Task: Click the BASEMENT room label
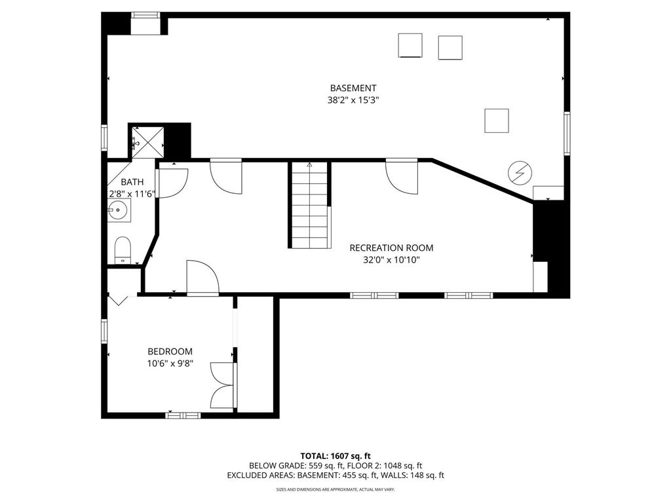tap(353, 88)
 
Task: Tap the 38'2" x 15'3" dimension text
tap(353, 101)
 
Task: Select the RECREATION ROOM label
tap(391, 248)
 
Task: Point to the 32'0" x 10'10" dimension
tap(391, 260)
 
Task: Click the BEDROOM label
tap(170, 351)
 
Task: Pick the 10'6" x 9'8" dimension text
tap(170, 363)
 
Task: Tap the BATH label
tap(132, 182)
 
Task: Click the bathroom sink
tap(119, 210)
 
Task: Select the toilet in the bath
tap(123, 250)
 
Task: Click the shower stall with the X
tap(145, 140)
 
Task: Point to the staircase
tap(309, 205)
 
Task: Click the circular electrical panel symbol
tap(520, 173)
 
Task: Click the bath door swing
tap(172, 182)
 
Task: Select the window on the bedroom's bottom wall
tap(183, 415)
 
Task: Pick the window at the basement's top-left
tap(145, 14)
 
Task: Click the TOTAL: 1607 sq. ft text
tap(335, 455)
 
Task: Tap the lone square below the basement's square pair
tap(496, 121)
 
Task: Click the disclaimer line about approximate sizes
tap(335, 489)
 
